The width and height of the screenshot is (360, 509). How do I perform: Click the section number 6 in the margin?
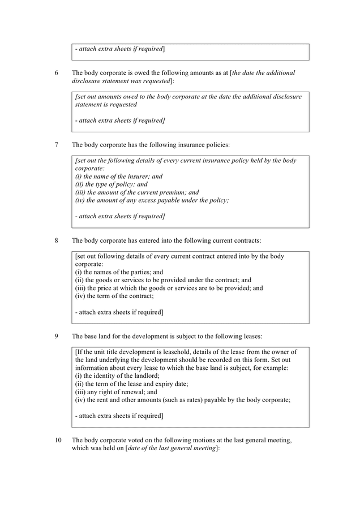tap(57, 73)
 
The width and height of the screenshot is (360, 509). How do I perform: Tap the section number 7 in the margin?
tap(57, 145)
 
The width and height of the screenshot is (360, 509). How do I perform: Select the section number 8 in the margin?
tap(57, 240)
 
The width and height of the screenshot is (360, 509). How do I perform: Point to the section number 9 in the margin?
tap(57, 337)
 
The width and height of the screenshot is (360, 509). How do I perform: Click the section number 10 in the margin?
tap(58, 439)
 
